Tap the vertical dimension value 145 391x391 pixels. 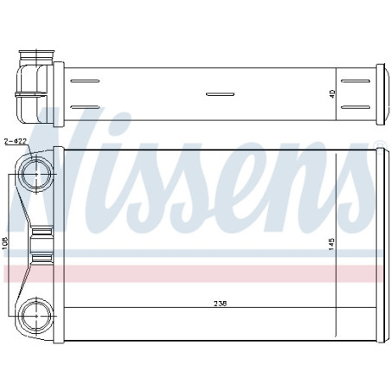coord(331,245)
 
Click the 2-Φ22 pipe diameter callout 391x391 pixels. coord(14,139)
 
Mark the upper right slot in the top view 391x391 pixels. coord(356,82)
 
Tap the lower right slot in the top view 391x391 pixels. coord(356,108)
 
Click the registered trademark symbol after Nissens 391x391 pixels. coord(377,144)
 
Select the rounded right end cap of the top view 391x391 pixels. coord(378,94)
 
